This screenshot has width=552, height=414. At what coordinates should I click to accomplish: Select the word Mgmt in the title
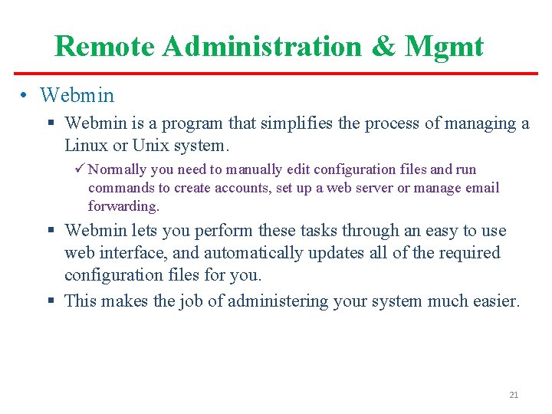[445, 47]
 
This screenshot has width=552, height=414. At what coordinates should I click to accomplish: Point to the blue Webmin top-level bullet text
[77, 96]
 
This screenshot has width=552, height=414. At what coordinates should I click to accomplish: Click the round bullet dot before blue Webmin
[25, 96]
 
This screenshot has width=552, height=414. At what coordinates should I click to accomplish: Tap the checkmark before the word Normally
[93, 169]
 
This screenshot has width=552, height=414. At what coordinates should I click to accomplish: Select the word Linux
[85, 145]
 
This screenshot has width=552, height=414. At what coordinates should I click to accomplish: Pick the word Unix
[150, 145]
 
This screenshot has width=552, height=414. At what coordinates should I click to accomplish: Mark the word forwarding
[123, 206]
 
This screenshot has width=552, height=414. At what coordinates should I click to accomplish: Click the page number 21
[514, 395]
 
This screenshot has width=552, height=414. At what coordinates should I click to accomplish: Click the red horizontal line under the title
[276, 74]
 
